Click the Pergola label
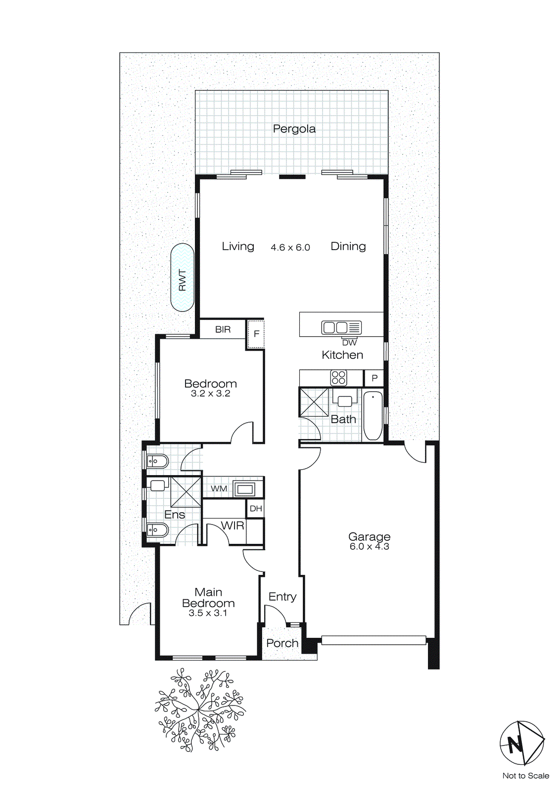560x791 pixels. (294, 129)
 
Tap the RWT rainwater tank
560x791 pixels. (182, 277)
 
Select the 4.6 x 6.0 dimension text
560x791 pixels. (290, 247)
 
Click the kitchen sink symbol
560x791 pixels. (341, 327)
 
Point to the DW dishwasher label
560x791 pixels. (349, 343)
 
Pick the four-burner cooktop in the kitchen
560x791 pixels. (339, 378)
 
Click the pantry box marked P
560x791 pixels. (374, 378)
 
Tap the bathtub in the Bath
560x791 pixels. (373, 415)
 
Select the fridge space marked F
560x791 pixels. (256, 334)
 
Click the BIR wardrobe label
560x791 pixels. (223, 329)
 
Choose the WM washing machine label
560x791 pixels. (219, 489)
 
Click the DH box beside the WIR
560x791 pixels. (256, 509)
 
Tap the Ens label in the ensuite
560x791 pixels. (175, 515)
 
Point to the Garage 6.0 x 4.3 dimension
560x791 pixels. (369, 547)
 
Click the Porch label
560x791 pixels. (282, 643)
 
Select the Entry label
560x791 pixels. (282, 597)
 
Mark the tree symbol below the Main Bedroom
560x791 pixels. (200, 710)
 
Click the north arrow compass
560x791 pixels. (521, 743)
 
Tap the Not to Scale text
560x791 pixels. (525, 776)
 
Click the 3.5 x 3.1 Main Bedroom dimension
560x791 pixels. (208, 613)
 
